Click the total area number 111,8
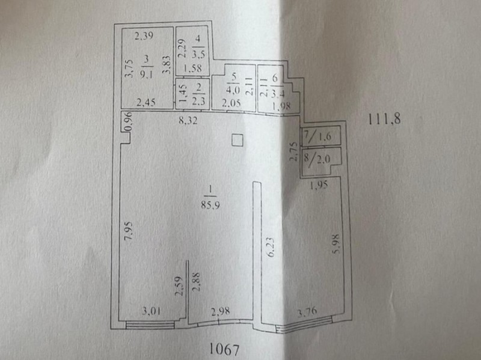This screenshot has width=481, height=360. (384, 118)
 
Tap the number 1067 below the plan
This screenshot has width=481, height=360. (224, 349)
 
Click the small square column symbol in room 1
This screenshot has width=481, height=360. (237, 141)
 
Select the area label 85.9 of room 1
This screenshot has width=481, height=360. (210, 205)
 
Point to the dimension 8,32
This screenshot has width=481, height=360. (188, 120)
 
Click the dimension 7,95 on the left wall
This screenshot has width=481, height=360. (129, 230)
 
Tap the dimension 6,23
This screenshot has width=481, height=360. (271, 247)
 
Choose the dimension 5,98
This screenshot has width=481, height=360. (336, 244)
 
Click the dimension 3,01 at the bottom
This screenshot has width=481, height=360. (152, 312)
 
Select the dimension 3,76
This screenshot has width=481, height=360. (307, 313)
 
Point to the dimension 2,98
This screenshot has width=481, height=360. (220, 311)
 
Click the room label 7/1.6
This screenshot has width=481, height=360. (317, 136)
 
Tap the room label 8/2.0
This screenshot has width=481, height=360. (317, 159)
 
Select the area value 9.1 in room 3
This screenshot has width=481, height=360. (146, 75)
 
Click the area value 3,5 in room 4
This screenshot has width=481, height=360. (198, 54)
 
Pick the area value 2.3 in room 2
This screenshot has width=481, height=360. (198, 101)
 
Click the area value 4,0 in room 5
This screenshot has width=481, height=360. (233, 91)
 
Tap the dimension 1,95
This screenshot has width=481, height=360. (319, 185)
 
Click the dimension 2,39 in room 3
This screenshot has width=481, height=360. (144, 36)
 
